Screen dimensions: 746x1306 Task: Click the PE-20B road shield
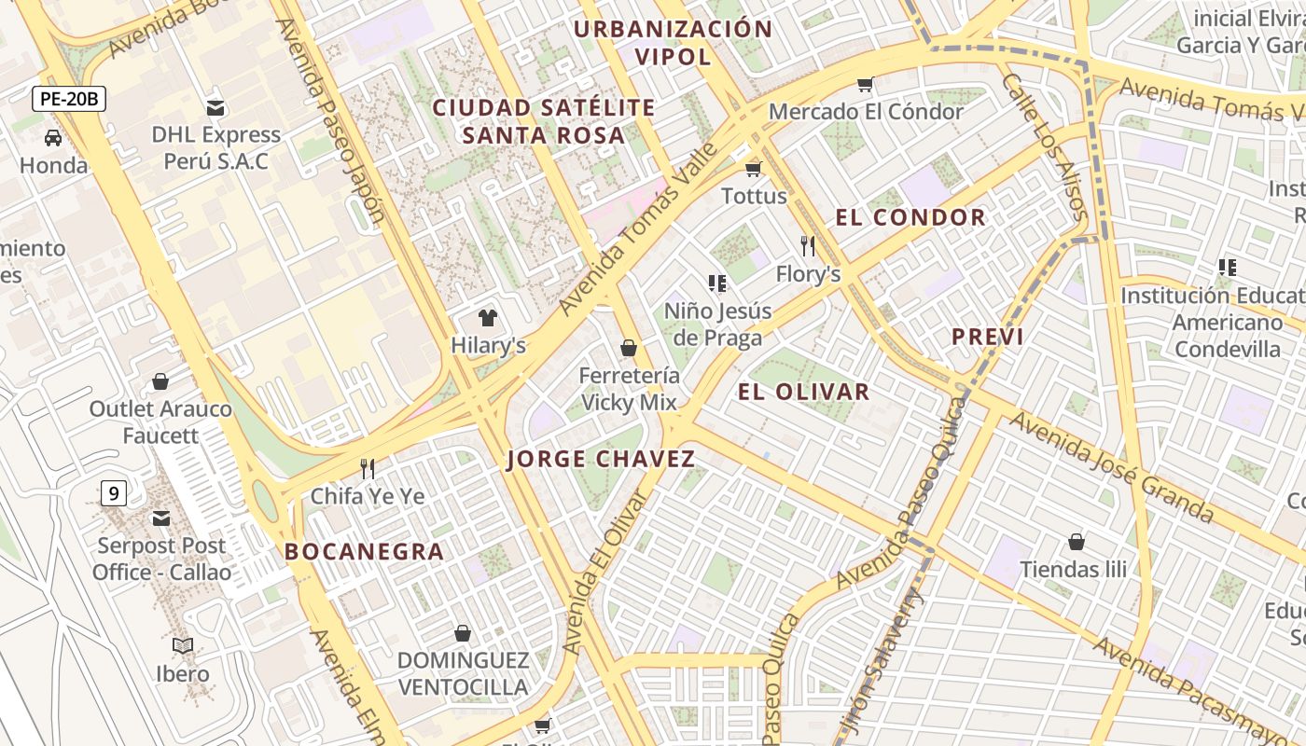(x=69, y=99)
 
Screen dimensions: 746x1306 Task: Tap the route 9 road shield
(x=113, y=492)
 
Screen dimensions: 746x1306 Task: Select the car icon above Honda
(x=53, y=138)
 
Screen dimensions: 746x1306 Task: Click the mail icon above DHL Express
(x=215, y=108)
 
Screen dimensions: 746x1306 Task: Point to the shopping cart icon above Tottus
(x=754, y=169)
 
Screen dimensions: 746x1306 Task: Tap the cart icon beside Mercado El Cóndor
(x=865, y=85)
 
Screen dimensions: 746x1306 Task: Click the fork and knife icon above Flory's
(x=808, y=246)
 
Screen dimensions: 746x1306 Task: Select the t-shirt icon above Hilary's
(x=487, y=318)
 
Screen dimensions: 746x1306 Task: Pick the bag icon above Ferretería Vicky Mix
(x=629, y=348)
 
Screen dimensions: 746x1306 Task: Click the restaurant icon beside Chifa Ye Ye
(x=368, y=468)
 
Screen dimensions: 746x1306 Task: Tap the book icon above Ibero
(x=183, y=645)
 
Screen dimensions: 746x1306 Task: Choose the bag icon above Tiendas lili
(x=1077, y=542)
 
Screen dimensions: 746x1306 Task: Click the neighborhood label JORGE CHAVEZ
(x=602, y=459)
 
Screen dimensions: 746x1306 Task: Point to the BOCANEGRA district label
(x=364, y=551)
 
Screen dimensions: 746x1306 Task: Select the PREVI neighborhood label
(x=987, y=338)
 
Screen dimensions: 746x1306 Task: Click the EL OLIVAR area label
(x=803, y=392)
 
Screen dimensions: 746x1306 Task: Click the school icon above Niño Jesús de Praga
(x=716, y=283)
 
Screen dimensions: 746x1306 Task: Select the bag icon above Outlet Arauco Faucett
(x=160, y=381)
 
